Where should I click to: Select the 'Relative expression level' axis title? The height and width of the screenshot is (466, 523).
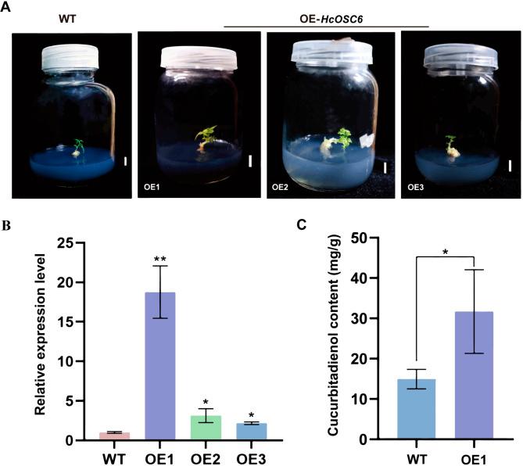[59, 341]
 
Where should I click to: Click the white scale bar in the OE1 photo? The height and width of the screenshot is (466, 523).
[250, 161]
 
